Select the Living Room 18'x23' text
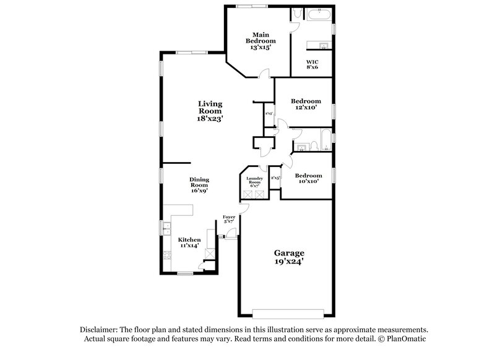tap(210, 111)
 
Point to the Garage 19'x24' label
tap(290, 257)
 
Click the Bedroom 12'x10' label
tap(305, 104)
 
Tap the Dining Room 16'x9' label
tap(199, 185)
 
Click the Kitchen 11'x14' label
tap(189, 242)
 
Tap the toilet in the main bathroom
tap(296, 13)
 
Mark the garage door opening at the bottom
tap(288, 311)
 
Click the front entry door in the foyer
tap(231, 233)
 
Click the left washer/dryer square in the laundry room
tap(246, 192)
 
